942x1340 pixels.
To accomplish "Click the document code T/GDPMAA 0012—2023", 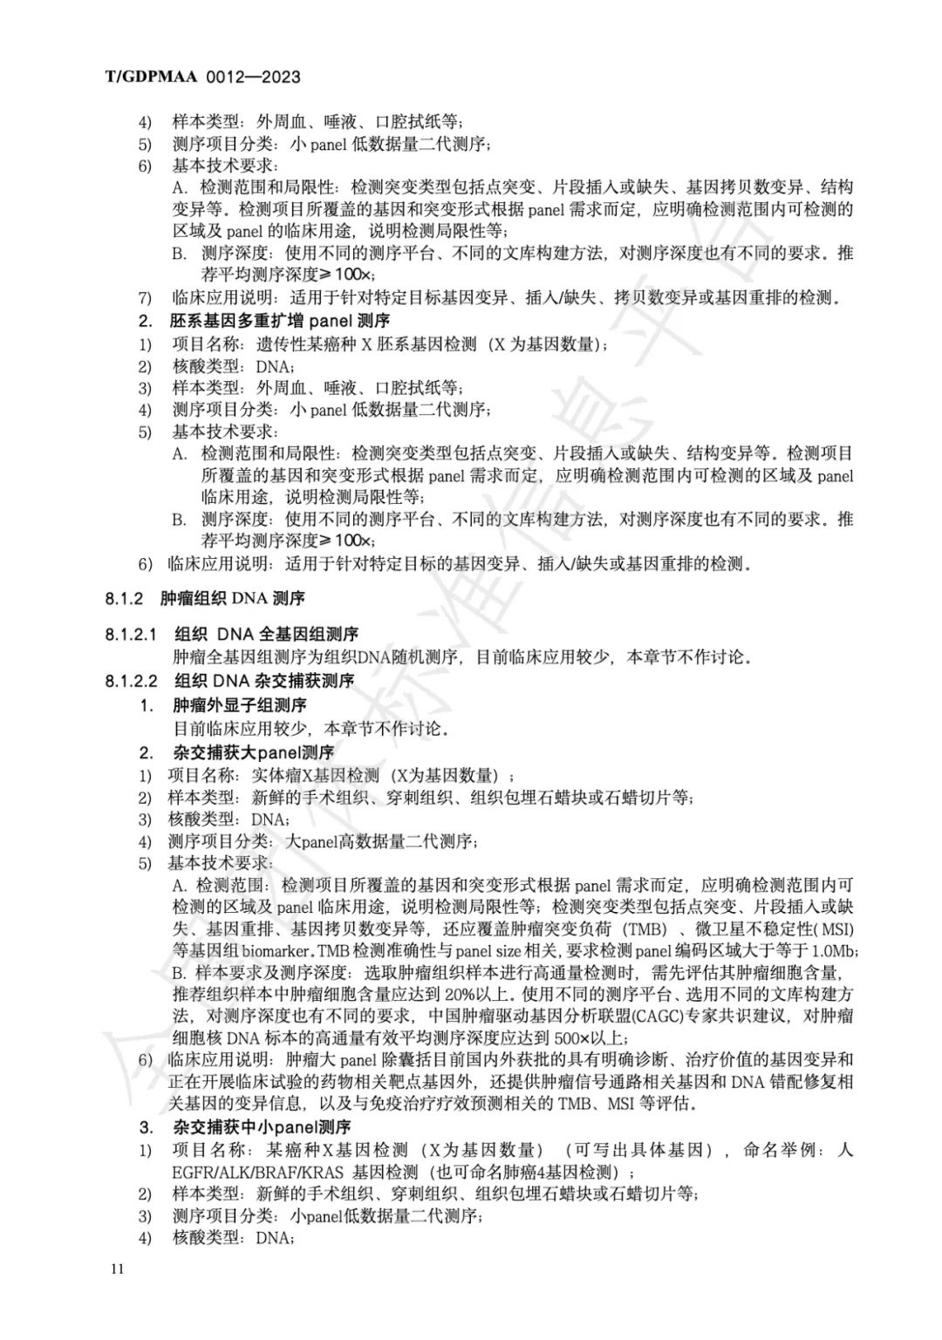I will pos(202,77).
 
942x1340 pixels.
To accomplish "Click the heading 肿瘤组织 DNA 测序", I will pos(233,598).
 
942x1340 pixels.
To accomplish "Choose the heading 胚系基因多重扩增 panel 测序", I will pos(279,321).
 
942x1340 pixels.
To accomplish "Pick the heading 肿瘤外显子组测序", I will pos(240,704).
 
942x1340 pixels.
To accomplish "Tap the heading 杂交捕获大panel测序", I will pos(254,752).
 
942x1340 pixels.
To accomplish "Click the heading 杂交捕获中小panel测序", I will pos(261,1127).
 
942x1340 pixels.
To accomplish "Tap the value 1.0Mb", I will pos(832,950).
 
